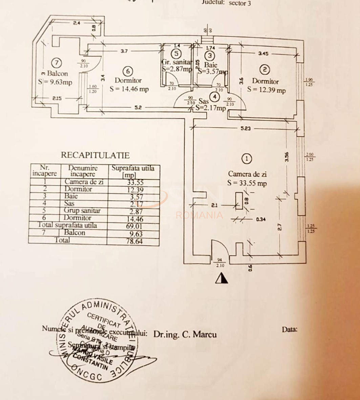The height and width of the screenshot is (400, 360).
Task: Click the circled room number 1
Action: (x=247, y=158)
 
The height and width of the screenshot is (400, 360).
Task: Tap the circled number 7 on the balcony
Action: (x=57, y=63)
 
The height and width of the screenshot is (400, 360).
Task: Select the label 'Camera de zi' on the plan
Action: (x=247, y=174)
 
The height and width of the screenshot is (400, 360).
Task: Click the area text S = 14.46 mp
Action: (x=129, y=89)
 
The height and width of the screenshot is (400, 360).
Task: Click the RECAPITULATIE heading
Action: (x=95, y=155)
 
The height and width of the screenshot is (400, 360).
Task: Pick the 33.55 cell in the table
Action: (x=133, y=182)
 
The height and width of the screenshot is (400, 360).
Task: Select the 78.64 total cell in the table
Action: (x=133, y=241)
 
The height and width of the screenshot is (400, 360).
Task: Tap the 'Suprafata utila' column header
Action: (x=133, y=168)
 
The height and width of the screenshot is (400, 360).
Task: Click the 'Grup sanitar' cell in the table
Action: (x=82, y=211)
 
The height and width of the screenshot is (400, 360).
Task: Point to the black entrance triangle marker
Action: (x=221, y=278)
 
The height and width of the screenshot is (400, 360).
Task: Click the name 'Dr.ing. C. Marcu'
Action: (x=185, y=334)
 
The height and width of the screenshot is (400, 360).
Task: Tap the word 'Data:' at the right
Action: (x=290, y=329)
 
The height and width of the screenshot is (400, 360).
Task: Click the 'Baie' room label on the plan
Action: (x=210, y=64)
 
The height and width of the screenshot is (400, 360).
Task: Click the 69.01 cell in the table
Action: (x=133, y=225)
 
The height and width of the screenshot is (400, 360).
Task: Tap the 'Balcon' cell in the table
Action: (x=75, y=233)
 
